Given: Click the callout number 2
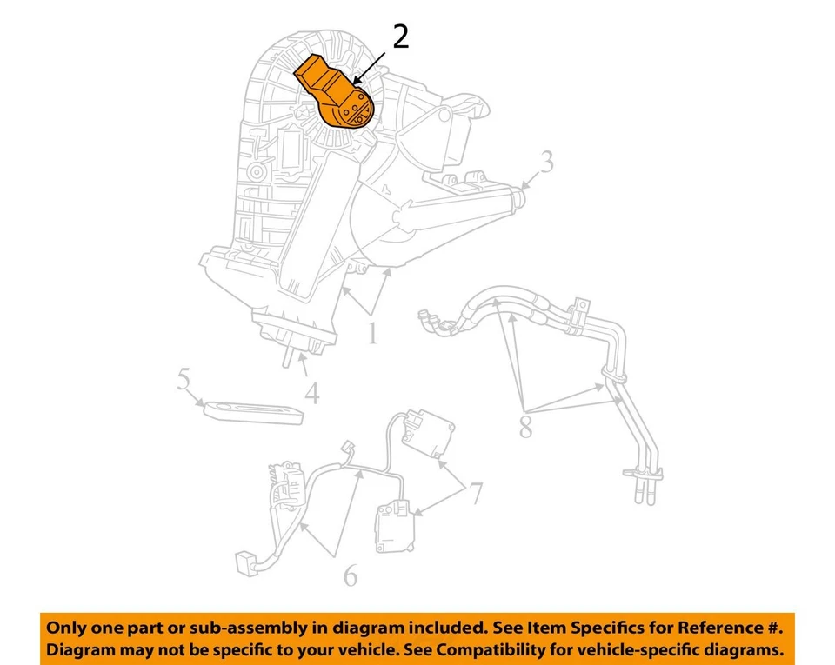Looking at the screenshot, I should click(399, 37).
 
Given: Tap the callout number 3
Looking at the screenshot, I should click(545, 163).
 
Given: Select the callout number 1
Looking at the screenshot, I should click(372, 333).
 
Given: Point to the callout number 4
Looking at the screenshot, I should click(311, 393).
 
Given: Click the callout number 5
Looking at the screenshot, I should click(184, 379).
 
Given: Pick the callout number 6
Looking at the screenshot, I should click(350, 575).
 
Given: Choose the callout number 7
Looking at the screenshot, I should click(475, 494).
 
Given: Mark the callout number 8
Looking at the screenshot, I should click(525, 428).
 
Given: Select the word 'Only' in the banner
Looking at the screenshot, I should click(67, 628).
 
